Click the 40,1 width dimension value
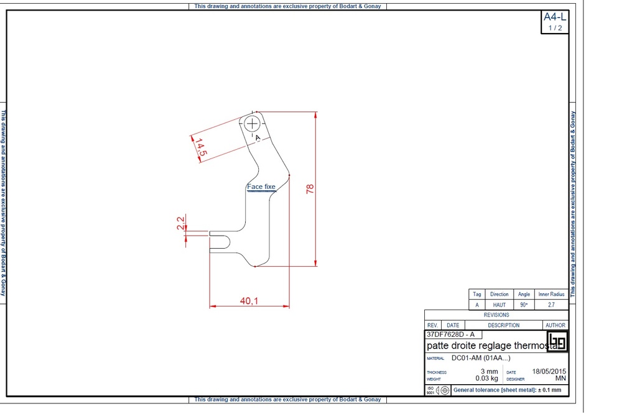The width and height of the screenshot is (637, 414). pos(249,301)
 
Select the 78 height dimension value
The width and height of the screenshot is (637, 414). pos(310,188)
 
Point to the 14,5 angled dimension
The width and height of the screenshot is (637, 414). pos(201,147)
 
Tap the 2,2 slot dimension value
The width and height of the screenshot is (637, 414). pos(180,223)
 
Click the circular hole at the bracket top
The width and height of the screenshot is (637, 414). pos(253,123)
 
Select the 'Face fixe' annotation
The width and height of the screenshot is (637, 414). pos(261,186)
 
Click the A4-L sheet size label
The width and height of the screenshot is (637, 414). pos(555,17)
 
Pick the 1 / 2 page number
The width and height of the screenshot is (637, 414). pos(555,28)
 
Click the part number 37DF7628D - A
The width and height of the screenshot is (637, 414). pos(451,334)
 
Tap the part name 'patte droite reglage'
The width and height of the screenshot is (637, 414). pos(485,346)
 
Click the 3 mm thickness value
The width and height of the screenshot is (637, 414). pos(490,371)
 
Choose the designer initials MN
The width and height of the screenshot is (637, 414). pos(560,378)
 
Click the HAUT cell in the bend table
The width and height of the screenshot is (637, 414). pos(499,305)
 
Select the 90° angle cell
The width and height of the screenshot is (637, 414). pos(524,305)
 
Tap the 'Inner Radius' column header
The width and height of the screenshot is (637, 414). pos(551,294)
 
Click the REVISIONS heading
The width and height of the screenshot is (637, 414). pos(496,315)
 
